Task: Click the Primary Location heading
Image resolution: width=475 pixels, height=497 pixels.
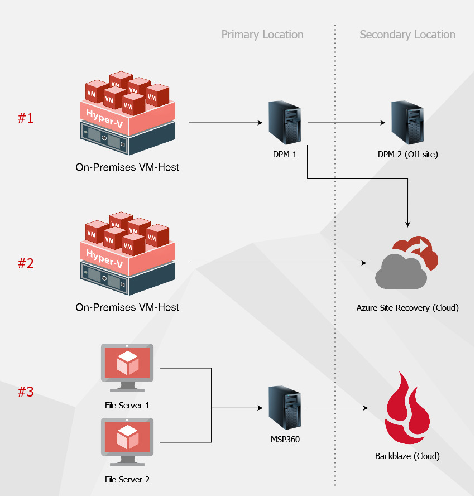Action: pyautogui.click(x=262, y=35)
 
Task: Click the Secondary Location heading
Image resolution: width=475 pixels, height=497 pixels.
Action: pyautogui.click(x=407, y=35)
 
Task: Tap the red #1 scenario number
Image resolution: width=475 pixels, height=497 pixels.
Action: pyautogui.click(x=26, y=118)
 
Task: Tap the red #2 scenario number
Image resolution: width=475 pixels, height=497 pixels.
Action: pyautogui.click(x=26, y=263)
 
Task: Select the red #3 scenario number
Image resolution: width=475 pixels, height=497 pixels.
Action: pyautogui.click(x=26, y=392)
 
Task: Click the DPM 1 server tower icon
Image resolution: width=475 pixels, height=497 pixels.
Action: pyautogui.click(x=285, y=123)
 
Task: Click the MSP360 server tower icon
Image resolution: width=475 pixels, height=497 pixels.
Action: pyautogui.click(x=285, y=408)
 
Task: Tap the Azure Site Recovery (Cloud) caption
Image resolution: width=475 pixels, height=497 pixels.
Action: pyautogui.click(x=407, y=307)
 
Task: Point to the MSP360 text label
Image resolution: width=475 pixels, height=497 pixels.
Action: pyautogui.click(x=285, y=440)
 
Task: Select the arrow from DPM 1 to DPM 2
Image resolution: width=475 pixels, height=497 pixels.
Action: pyautogui.click(x=346, y=123)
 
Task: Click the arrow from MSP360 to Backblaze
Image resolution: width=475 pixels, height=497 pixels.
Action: pyautogui.click(x=338, y=408)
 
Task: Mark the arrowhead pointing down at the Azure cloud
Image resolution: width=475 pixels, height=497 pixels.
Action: pyautogui.click(x=407, y=223)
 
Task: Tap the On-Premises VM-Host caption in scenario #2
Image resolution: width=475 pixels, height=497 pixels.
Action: pyautogui.click(x=127, y=307)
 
